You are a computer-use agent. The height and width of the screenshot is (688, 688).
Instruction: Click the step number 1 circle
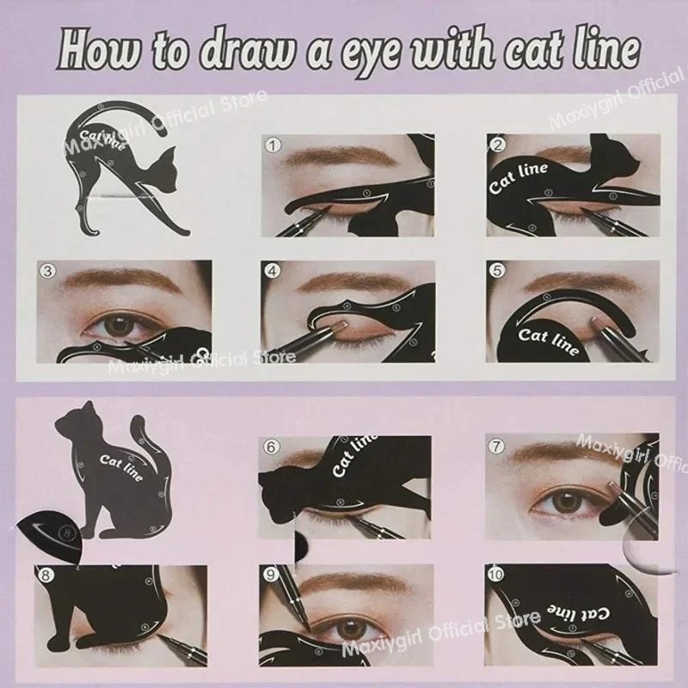(x=273, y=146)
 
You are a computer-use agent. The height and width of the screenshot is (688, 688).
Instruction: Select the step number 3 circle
(x=49, y=271)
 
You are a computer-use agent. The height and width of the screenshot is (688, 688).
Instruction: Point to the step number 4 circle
(x=273, y=270)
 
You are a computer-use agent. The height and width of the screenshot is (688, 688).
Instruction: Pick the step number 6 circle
(x=272, y=446)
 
